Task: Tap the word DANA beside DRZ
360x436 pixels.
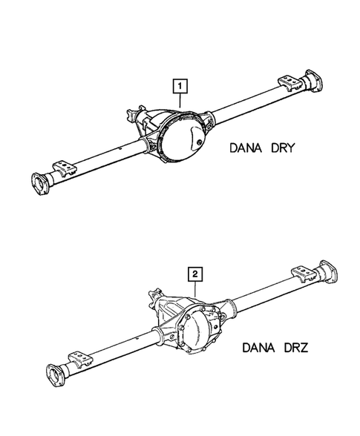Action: click(x=260, y=346)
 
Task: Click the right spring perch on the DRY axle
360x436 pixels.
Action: click(x=286, y=82)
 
